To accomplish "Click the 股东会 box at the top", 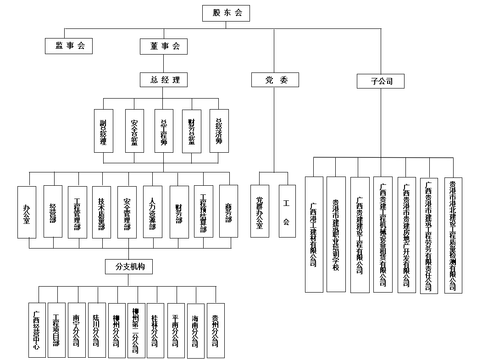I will coord(226,13).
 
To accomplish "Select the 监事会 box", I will coord(69,46).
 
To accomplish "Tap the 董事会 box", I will coord(164,46).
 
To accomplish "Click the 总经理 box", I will coord(164,80).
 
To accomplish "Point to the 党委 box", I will coord(275,80).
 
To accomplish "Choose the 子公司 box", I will coord(381,82).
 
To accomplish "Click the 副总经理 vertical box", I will coord(103,131).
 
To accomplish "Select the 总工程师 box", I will coord(164,131).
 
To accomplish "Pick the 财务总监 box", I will coord(192,131).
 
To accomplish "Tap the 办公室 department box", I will coord(27,212).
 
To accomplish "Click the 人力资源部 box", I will coord(153,211).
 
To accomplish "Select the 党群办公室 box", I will coord(260,211).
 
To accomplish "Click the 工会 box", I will coord(287,211).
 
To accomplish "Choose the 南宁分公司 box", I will coord(77,330).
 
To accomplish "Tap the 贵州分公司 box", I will coord(216,330).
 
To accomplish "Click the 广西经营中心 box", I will coord(37,330).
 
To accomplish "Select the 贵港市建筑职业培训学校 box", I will coord(336,234).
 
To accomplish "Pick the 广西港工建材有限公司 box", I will coord(314,234).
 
